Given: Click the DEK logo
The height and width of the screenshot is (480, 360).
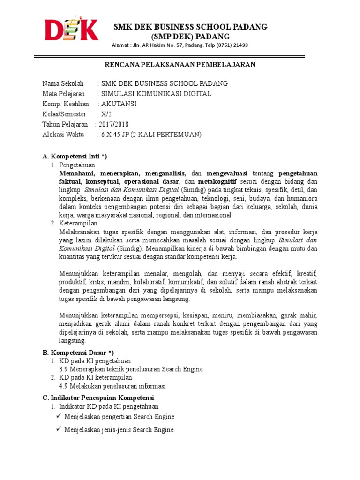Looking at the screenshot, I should coord(71,30).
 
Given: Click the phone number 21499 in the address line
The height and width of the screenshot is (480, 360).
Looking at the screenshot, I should coord(240,45).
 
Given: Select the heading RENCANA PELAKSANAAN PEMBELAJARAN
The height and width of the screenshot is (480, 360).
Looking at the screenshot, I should coord(180,64).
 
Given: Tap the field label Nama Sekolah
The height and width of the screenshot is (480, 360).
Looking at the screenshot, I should coord(63,83).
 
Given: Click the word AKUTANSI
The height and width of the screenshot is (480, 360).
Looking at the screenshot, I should coord(119,104).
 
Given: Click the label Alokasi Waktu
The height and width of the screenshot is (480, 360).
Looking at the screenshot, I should coord(63,135).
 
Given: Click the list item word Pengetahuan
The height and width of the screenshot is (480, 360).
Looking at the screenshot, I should coord(77,165).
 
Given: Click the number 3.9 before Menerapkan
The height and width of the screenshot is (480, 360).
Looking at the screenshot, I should coord(64,369).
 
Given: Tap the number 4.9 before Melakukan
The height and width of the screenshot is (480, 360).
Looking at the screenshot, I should coord(64,386).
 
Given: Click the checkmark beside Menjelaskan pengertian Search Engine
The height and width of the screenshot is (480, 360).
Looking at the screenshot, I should coord(58,416).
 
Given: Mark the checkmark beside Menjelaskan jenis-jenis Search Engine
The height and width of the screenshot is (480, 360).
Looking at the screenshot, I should coord(58,429).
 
